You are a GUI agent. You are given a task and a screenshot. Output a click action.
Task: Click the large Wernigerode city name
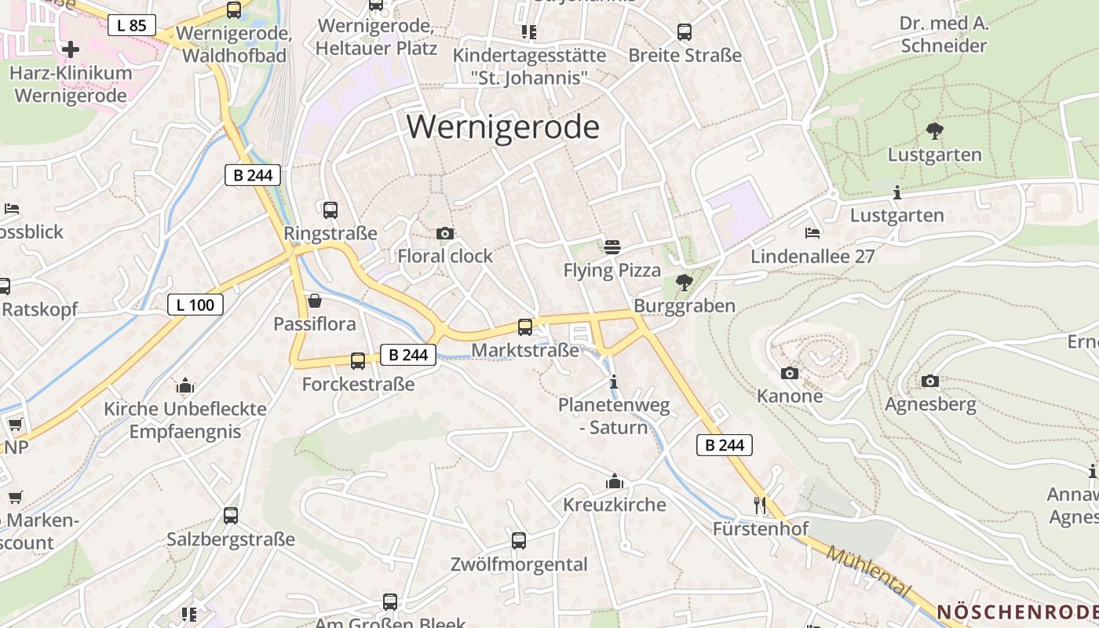point(503,127)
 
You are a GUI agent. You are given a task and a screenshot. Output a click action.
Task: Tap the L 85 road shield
point(131,25)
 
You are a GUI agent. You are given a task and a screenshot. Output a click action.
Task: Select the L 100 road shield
point(195,305)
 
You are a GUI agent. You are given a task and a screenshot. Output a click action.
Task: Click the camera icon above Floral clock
point(444,233)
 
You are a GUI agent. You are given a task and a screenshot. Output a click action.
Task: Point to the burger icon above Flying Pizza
point(612,247)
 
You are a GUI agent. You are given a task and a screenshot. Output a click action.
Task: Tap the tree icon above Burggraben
point(685,282)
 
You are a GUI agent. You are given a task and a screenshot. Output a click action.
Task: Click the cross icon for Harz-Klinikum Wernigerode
point(71,49)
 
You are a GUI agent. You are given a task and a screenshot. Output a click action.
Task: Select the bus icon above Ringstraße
point(330,210)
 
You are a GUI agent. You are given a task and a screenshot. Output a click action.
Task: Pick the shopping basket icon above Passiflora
point(315,300)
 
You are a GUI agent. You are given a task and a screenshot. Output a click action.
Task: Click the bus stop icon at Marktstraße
point(525,327)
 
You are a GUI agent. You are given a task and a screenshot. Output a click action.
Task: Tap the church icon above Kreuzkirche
point(615,480)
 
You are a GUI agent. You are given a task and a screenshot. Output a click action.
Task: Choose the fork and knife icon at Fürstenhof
point(759,505)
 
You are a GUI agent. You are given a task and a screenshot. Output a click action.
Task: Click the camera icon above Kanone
point(790,373)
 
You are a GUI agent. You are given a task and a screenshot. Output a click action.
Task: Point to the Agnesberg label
point(930,404)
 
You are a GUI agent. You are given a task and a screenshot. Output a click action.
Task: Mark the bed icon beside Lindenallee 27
point(812,233)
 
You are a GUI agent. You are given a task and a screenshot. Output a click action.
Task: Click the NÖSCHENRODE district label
point(1017,612)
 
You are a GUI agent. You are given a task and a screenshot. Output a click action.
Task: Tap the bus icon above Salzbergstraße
point(231,516)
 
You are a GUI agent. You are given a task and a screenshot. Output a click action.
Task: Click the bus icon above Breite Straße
point(685,32)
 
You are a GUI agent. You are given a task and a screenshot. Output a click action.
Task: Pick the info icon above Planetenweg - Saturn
point(614,382)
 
